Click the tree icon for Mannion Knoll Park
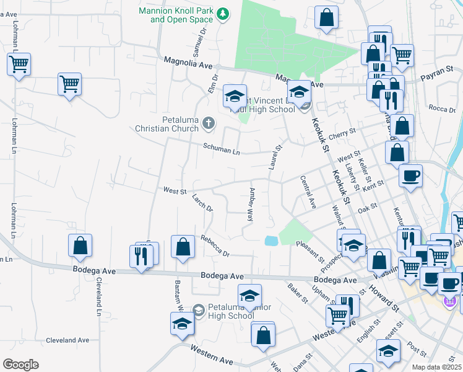(x=225, y=14)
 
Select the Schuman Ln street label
(x=222, y=150)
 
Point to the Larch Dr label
(x=202, y=203)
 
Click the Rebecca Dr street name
(x=214, y=246)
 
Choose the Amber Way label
(x=251, y=205)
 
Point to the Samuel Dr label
(x=199, y=43)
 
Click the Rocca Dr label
(x=441, y=108)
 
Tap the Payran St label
(x=437, y=79)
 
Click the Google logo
(x=21, y=364)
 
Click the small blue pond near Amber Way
(x=270, y=241)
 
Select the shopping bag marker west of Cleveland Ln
(x=80, y=245)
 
